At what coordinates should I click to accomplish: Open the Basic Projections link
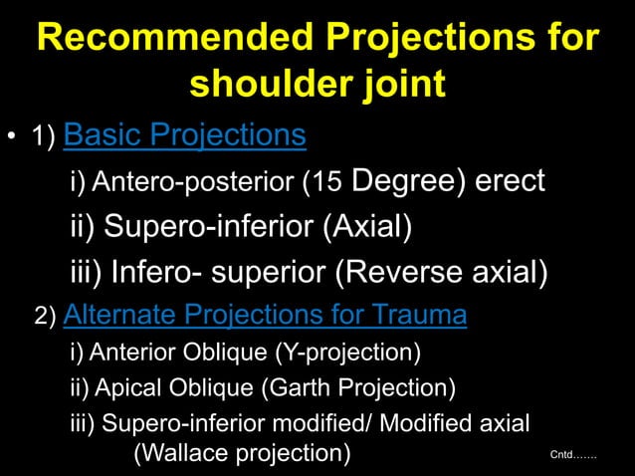[184, 134]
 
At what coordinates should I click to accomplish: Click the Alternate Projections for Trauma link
[264, 317]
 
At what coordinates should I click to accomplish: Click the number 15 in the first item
[324, 182]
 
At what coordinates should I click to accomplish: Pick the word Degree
[404, 181]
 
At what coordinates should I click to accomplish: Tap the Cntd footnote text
[573, 455]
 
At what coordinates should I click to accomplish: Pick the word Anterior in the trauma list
[125, 353]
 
